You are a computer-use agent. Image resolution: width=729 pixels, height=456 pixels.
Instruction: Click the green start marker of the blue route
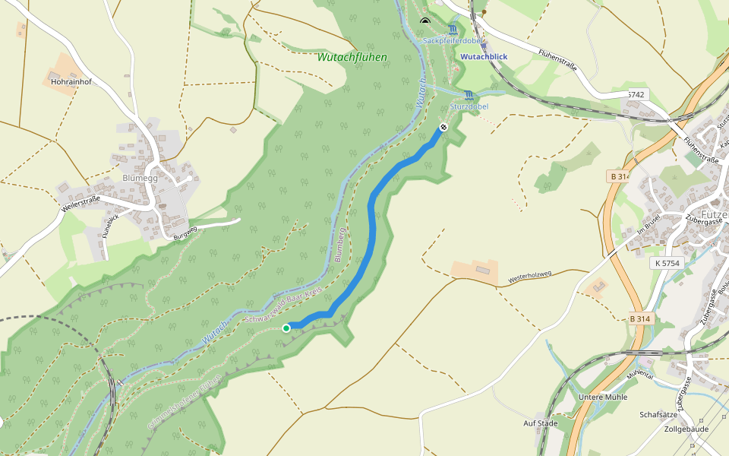tap(286, 328)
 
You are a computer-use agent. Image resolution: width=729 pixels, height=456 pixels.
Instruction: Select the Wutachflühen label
tap(352, 57)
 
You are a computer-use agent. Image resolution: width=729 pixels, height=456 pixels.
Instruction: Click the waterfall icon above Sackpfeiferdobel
tap(453, 30)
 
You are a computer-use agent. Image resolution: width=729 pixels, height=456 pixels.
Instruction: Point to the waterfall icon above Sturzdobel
tap(469, 95)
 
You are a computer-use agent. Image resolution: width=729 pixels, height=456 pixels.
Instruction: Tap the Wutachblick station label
tap(484, 56)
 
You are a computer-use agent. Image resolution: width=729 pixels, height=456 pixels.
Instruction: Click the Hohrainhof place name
tap(71, 81)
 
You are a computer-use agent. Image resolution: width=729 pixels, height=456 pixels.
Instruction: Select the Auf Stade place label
tap(541, 423)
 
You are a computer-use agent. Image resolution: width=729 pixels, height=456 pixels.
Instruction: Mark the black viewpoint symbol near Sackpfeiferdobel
tap(424, 21)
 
